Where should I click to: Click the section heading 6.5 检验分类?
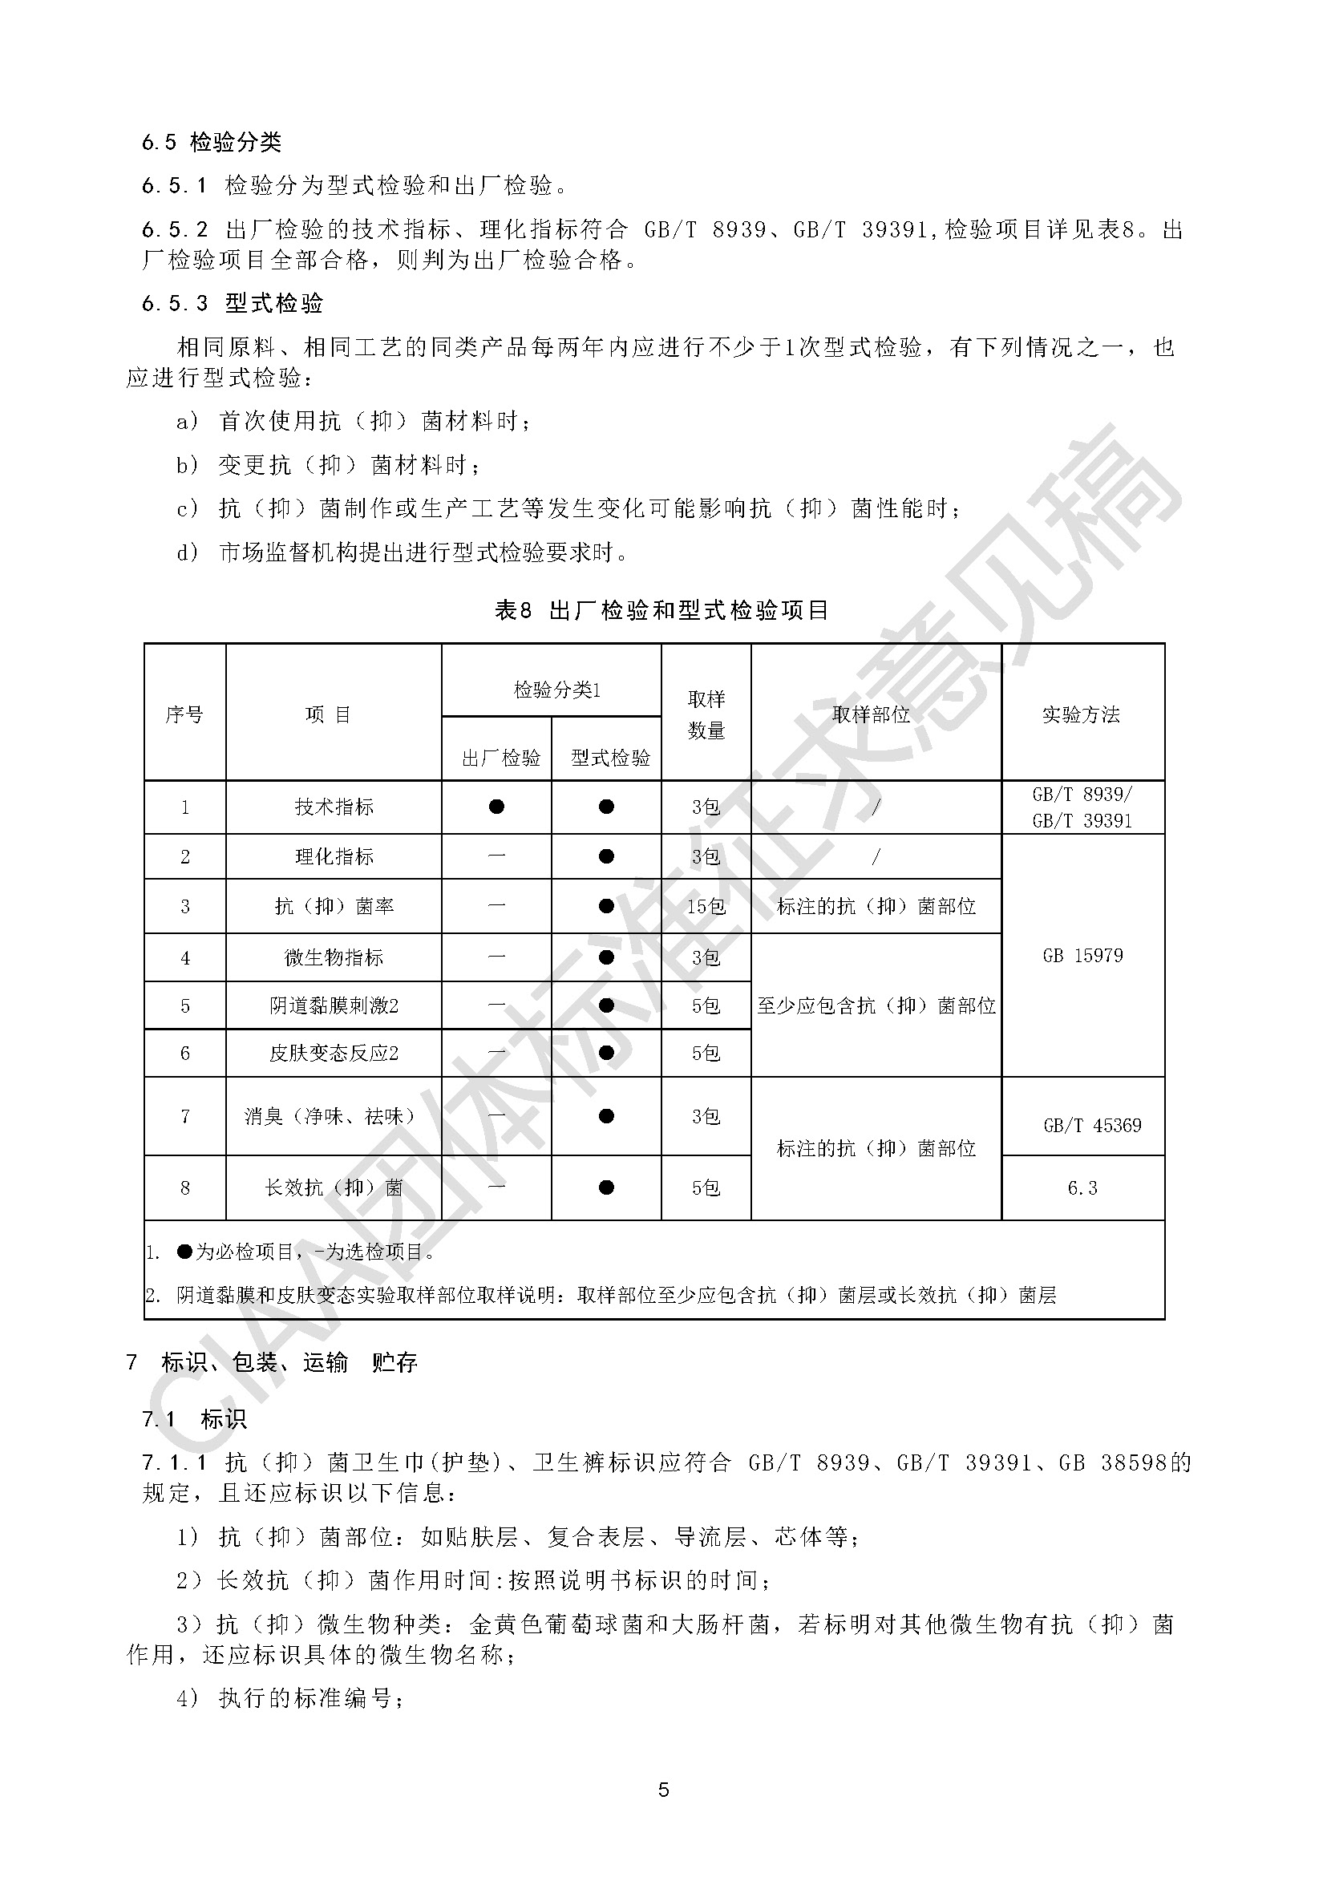[211, 142]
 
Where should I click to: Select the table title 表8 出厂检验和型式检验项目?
[662, 610]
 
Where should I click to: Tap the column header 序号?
[184, 714]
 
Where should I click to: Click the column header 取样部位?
[872, 714]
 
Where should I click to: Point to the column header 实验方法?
[1081, 714]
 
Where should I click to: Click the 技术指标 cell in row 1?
[334, 807]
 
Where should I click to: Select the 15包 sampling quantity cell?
[706, 906]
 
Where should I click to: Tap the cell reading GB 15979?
[1082, 955]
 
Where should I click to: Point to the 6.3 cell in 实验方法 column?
[1082, 1187]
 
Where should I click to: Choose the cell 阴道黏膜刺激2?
[334, 1005]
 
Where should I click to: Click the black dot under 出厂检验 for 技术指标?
[496, 807]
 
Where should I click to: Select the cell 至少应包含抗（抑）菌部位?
[876, 1005]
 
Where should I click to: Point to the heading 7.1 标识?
[195, 1418]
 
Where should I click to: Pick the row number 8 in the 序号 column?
[184, 1187]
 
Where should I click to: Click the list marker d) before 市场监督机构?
[188, 552]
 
